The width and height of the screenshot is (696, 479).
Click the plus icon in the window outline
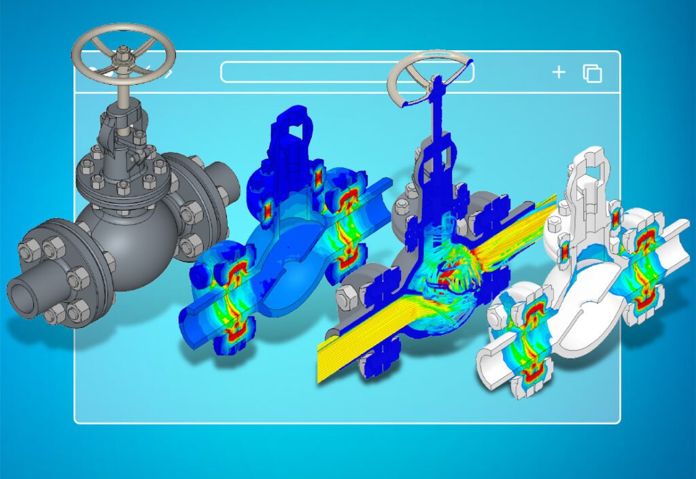(x=559, y=72)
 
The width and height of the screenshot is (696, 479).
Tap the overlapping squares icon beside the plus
(x=593, y=73)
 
